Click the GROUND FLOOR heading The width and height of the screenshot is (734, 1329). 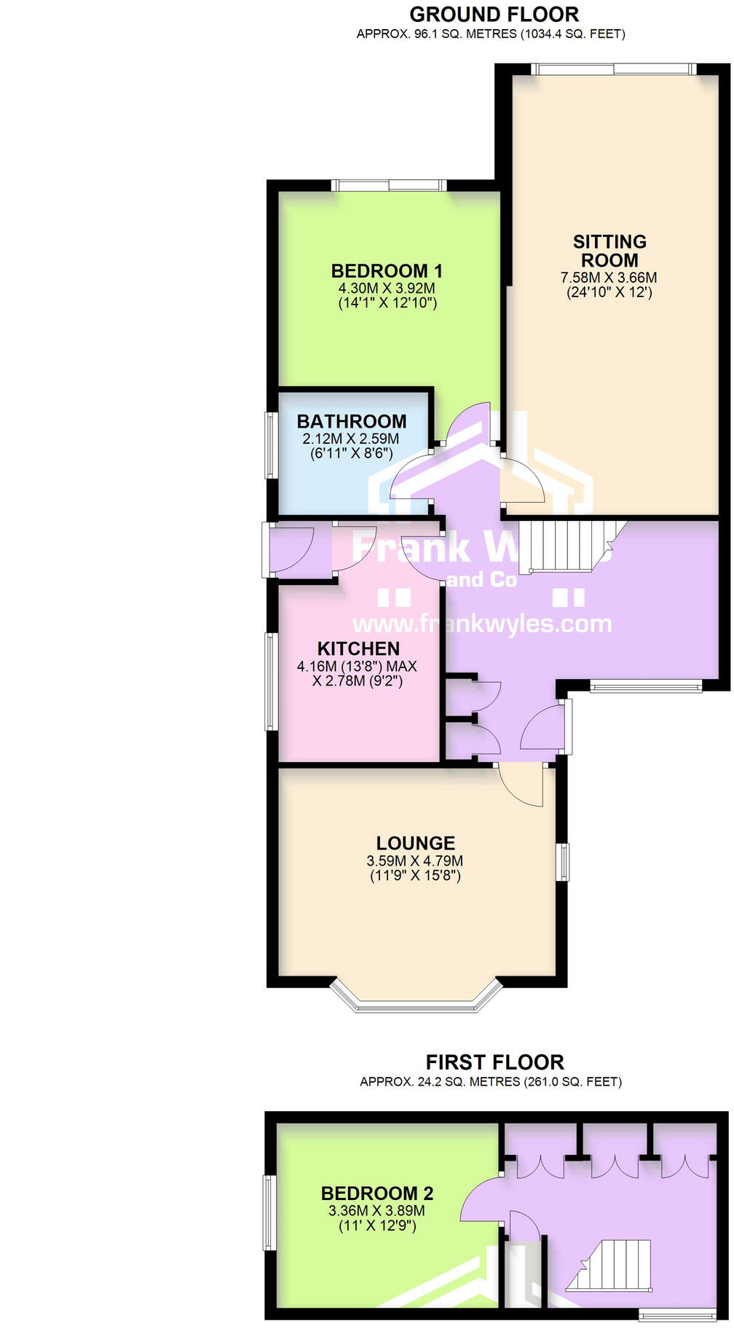point(494,14)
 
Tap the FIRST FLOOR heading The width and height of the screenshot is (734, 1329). point(494,1062)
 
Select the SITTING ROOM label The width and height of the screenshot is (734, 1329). point(609,251)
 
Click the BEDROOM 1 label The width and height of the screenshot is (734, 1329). point(387,271)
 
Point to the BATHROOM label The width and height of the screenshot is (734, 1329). point(352,421)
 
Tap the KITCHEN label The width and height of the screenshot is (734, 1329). point(358,648)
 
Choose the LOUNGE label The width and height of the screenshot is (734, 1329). point(416,843)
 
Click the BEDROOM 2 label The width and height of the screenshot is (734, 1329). point(377,1193)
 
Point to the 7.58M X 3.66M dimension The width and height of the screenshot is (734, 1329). point(609,278)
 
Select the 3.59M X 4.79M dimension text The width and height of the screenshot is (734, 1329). point(415,860)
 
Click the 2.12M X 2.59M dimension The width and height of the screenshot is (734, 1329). point(351,439)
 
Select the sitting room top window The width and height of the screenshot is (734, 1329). point(613,68)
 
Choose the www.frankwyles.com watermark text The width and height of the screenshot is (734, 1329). point(482,624)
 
